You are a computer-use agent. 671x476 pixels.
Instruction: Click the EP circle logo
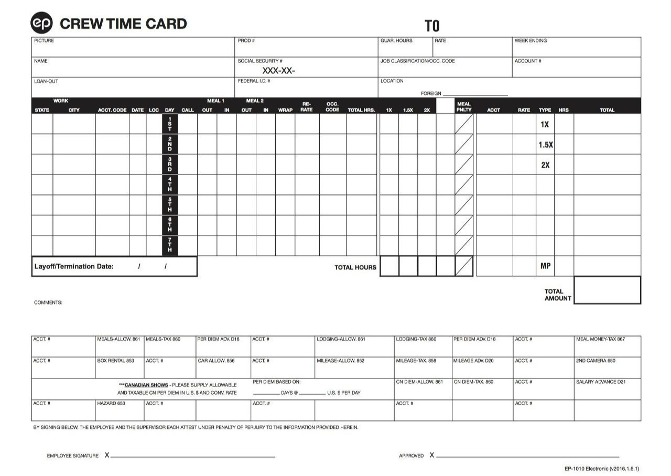42,23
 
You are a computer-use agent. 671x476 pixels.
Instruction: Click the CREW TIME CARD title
123,24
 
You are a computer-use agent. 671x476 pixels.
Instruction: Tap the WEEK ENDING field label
531,41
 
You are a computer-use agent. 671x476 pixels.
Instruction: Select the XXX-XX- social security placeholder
278,71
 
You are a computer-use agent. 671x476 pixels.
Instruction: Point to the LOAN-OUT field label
46,81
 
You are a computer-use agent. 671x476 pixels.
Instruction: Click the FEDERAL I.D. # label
254,81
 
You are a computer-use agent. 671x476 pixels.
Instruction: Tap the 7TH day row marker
169,245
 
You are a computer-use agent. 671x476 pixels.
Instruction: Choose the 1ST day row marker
169,124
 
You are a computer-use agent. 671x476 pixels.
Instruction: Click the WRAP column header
285,110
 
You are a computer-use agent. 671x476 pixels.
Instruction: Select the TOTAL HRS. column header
361,110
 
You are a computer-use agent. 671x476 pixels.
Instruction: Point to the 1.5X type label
545,145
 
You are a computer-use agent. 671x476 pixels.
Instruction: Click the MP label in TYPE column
545,266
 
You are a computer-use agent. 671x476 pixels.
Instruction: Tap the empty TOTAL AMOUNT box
607,290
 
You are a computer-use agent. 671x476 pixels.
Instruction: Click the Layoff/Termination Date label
74,266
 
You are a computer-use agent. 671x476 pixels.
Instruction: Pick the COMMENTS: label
48,302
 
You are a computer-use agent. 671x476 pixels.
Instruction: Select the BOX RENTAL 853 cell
115,361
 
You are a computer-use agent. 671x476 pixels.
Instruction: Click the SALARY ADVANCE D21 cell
601,382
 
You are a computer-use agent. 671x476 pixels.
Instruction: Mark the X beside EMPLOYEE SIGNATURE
107,455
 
